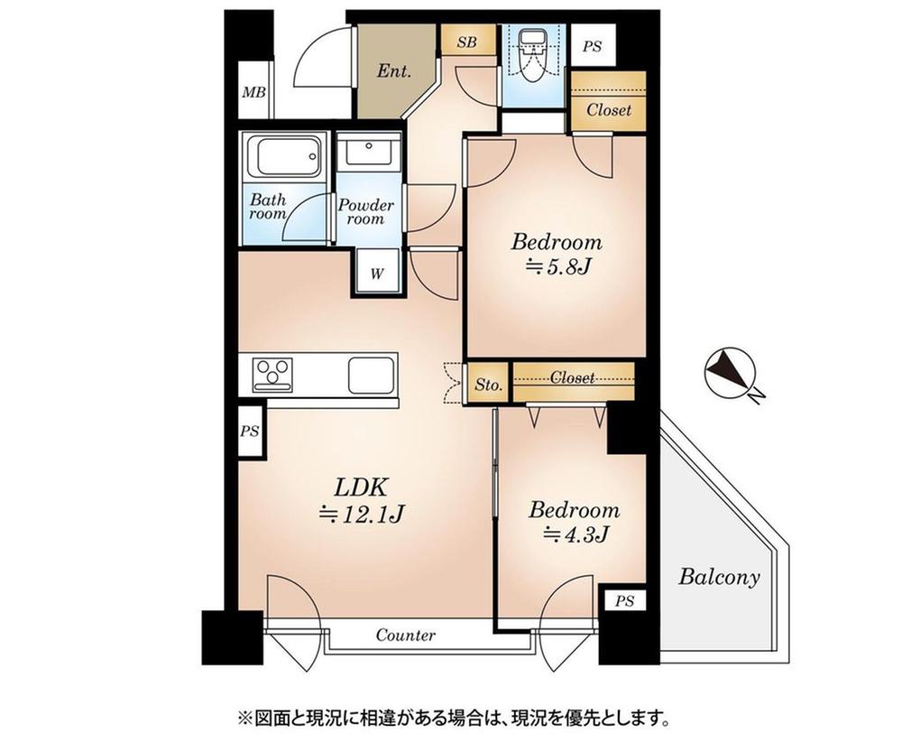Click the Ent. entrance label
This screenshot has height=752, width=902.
[x=394, y=69]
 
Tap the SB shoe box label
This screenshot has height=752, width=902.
[x=466, y=42]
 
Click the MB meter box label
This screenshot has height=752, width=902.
[x=253, y=91]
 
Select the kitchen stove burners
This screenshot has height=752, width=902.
[x=272, y=373]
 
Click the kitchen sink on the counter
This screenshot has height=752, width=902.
[x=370, y=373]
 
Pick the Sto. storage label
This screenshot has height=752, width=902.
[x=488, y=385]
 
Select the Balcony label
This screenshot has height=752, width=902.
[x=719, y=577]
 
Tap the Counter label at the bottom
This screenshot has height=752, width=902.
[x=405, y=636]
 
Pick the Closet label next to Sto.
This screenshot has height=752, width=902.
[x=573, y=377]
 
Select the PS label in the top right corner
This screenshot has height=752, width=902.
[x=592, y=46]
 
